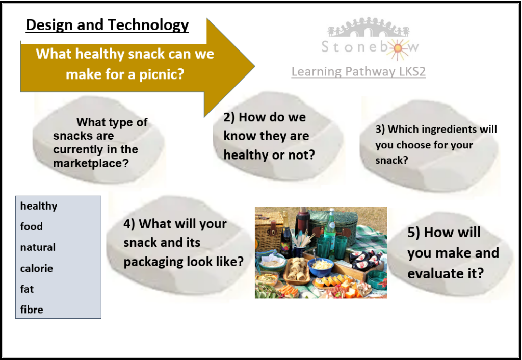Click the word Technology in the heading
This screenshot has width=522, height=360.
tap(148, 25)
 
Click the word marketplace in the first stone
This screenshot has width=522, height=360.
tap(91, 163)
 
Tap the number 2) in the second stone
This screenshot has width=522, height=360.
tap(229, 118)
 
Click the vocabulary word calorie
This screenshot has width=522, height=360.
tap(37, 268)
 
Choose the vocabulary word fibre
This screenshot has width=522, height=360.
tap(32, 310)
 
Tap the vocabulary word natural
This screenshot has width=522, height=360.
tap(38, 247)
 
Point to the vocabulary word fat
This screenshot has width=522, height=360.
tap(27, 289)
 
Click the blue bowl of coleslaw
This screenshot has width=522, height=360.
tap(320, 267)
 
